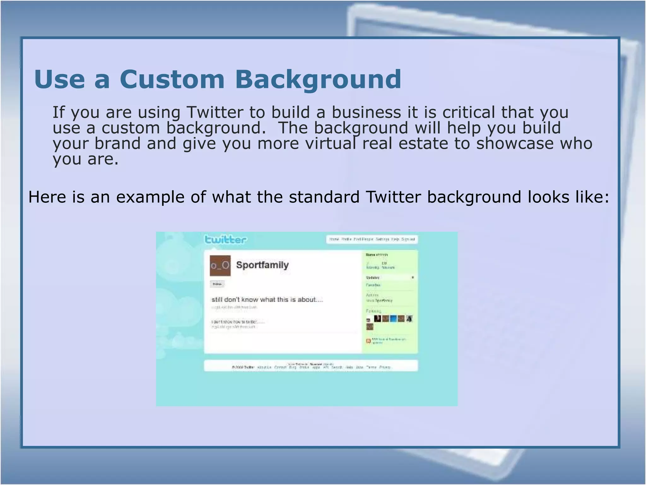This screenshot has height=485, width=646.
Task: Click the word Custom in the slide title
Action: point(172,79)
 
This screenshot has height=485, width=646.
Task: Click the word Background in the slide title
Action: point(318,80)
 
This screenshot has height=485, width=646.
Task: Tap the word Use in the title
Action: point(60,79)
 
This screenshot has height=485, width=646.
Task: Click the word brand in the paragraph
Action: point(117,143)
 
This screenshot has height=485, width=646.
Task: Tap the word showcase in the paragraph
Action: point(514,143)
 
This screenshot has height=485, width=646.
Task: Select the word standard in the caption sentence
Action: point(324,197)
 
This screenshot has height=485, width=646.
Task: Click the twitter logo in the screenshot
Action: point(226,239)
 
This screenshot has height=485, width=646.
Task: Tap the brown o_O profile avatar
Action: point(220,266)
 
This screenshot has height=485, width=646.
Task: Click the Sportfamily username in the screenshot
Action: point(262,265)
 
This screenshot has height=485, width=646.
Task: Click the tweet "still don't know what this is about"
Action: point(267,300)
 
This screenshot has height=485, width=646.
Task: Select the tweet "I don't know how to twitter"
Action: point(238,322)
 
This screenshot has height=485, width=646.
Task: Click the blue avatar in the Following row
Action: point(393,319)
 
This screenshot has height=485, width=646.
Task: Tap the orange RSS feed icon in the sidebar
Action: point(368,341)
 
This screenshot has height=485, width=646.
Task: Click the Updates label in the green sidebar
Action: point(373,278)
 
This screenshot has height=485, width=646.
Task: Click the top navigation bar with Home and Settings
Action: point(372,239)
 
